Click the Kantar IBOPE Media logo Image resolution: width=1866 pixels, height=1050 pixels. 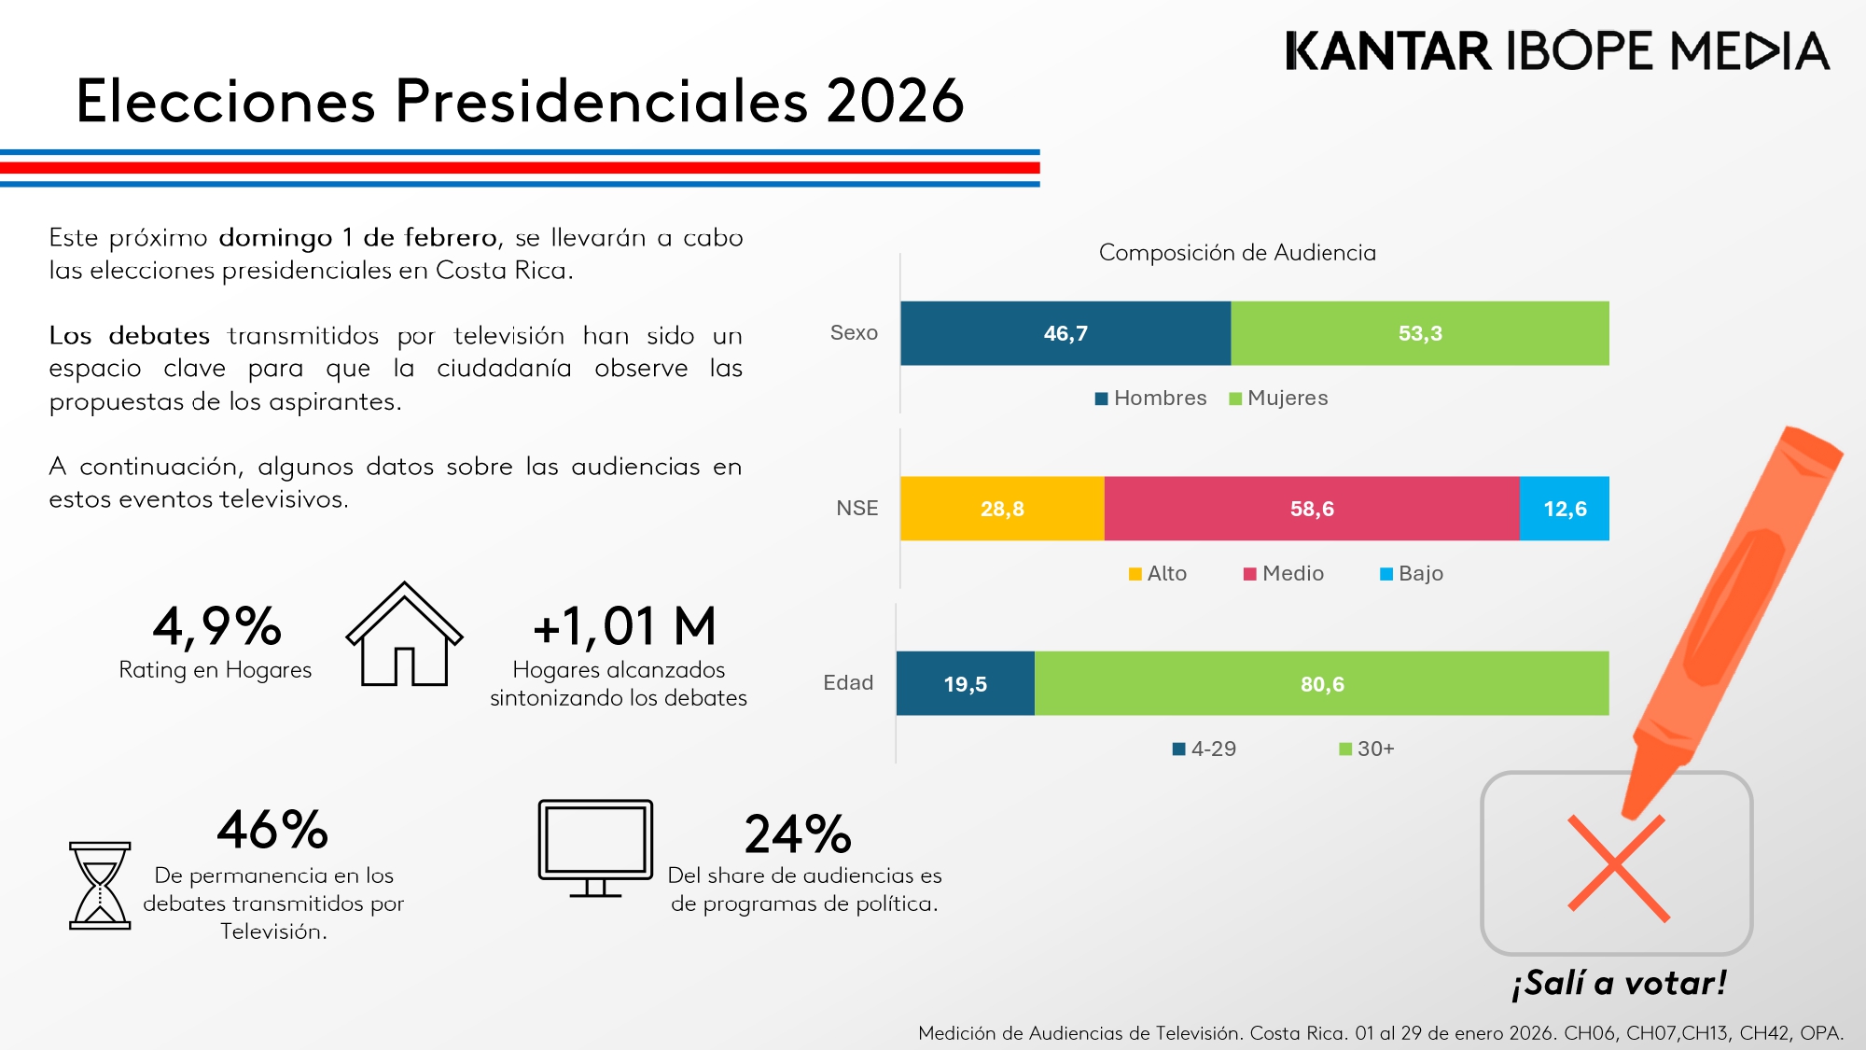coord(1556,51)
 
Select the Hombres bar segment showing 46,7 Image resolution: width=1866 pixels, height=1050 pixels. coord(1065,333)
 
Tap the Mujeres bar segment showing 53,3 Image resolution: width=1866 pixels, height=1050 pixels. coord(1419,333)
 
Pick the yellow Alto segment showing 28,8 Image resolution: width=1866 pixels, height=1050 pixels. coord(1002,509)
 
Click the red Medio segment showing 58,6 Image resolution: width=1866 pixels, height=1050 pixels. coord(1311,509)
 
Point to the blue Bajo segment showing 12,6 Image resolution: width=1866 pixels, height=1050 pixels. coord(1565,509)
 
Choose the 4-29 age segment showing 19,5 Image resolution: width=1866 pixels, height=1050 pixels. coord(965,684)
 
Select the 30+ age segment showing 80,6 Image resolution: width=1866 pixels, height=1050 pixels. coord(1321,684)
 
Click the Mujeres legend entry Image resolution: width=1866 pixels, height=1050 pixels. coord(1278,399)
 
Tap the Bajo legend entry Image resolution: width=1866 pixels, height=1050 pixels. coord(1412,574)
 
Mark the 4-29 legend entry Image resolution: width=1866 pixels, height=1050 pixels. coord(1205,749)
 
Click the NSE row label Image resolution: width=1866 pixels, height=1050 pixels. coord(856,509)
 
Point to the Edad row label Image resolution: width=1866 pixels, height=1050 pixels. coord(848,683)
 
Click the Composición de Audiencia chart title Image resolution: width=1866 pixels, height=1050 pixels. coord(1237,253)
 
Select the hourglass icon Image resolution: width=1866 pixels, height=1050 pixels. coord(100,885)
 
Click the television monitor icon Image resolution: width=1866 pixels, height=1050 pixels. coord(595,847)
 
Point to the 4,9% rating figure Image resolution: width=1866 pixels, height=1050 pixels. coord(216,626)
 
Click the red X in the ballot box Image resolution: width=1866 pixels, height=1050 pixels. coord(1618,869)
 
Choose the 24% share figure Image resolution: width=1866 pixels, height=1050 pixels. coord(798,834)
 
